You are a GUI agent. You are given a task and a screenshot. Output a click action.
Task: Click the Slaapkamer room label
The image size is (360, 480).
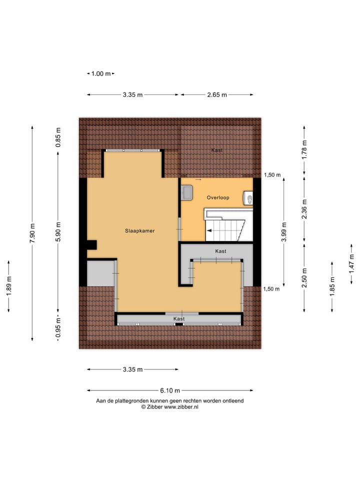[x=139, y=231]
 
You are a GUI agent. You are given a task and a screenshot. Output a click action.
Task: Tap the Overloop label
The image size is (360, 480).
[x=218, y=197]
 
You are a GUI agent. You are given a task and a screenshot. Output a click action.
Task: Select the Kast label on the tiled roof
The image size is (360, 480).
[x=216, y=150]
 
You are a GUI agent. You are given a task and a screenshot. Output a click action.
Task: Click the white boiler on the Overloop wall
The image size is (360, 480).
[x=248, y=198]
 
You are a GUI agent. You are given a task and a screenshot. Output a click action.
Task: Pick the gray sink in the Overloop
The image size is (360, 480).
[x=187, y=191]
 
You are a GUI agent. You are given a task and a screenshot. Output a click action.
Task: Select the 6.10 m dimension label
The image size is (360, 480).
[x=170, y=390]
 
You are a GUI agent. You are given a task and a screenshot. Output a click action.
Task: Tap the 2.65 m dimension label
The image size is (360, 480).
[x=216, y=94]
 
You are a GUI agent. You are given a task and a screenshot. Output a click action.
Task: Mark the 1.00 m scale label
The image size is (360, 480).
[x=100, y=73]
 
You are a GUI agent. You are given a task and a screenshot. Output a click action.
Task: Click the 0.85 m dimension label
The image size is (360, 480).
[x=58, y=137]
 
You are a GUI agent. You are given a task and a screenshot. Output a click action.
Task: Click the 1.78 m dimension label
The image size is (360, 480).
[x=304, y=150]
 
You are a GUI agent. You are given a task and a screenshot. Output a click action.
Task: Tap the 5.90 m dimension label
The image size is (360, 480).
[x=58, y=232]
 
